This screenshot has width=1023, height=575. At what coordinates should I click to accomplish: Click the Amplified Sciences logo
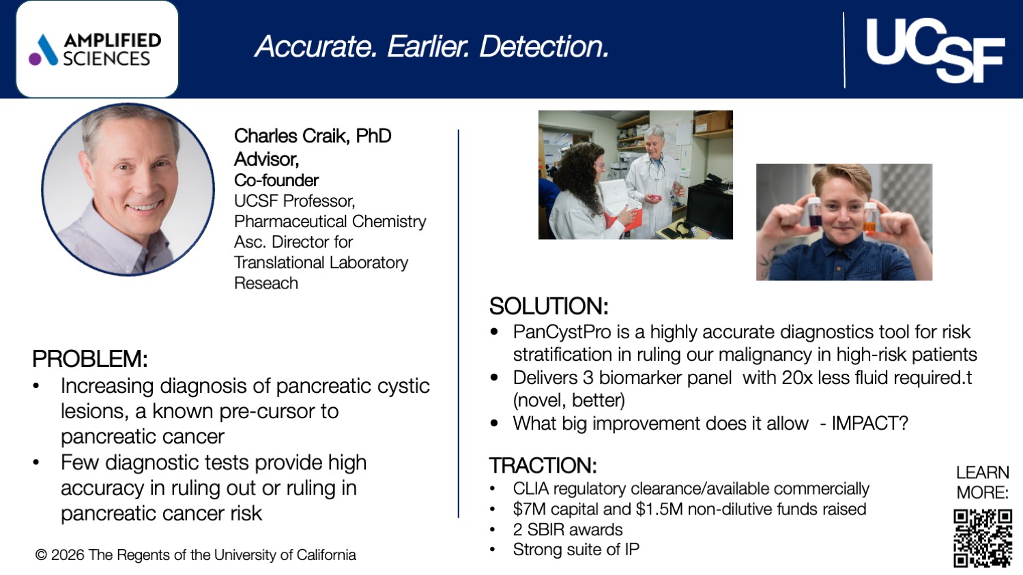(x=97, y=50)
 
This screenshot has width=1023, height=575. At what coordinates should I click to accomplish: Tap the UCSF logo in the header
(x=934, y=50)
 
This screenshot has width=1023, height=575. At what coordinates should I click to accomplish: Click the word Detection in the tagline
(x=544, y=46)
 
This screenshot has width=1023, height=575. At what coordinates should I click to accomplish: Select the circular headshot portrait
(x=128, y=190)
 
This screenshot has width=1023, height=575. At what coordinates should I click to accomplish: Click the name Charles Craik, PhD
(x=313, y=136)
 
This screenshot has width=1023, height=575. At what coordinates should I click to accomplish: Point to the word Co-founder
(x=276, y=180)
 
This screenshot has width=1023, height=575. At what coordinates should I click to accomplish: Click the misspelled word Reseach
(x=266, y=283)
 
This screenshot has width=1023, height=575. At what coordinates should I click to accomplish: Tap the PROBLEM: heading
(x=89, y=359)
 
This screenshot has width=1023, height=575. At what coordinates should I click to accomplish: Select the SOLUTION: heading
(x=548, y=306)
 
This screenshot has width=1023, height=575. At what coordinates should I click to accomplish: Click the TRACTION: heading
(x=543, y=466)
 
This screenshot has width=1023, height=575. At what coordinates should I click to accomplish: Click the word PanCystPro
(x=562, y=332)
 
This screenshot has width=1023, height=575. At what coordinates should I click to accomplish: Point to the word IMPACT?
(x=869, y=424)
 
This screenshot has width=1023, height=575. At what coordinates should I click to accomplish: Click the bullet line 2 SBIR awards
(x=568, y=530)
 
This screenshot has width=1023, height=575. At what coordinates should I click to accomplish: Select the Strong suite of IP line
(x=576, y=550)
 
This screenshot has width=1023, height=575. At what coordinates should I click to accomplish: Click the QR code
(x=982, y=538)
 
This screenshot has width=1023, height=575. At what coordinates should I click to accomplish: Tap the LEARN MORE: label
(x=982, y=482)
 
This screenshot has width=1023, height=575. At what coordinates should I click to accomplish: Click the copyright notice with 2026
(x=196, y=555)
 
